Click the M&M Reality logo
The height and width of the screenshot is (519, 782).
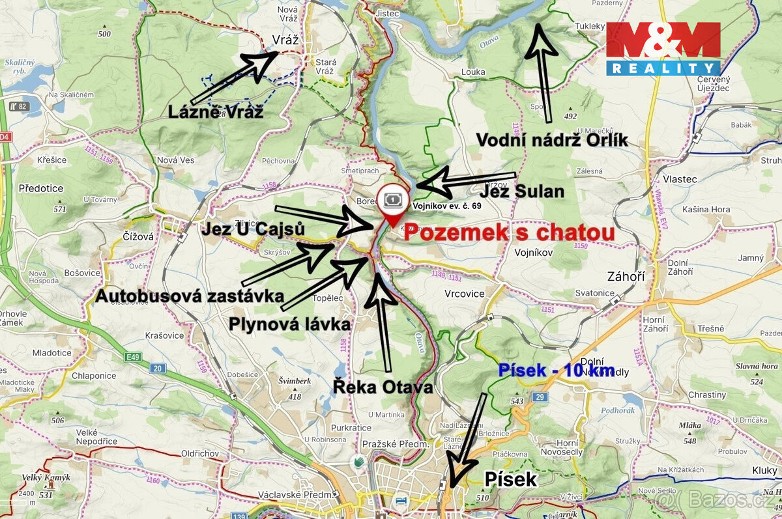(x=663, y=48)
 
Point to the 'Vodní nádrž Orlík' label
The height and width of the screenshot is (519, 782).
(x=552, y=139)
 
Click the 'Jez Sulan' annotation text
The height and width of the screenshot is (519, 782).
(x=521, y=192)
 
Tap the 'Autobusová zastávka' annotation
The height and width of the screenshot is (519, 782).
(x=190, y=296)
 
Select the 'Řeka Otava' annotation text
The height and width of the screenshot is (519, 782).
(x=383, y=387)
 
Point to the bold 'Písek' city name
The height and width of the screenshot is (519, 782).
(x=511, y=480)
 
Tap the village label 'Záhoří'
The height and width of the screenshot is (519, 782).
(x=626, y=277)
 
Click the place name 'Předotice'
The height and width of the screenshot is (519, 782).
(x=41, y=189)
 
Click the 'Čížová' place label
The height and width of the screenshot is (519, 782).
(x=138, y=237)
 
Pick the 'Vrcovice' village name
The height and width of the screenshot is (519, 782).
(x=464, y=294)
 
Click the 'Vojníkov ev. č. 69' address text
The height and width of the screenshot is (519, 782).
(x=447, y=206)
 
